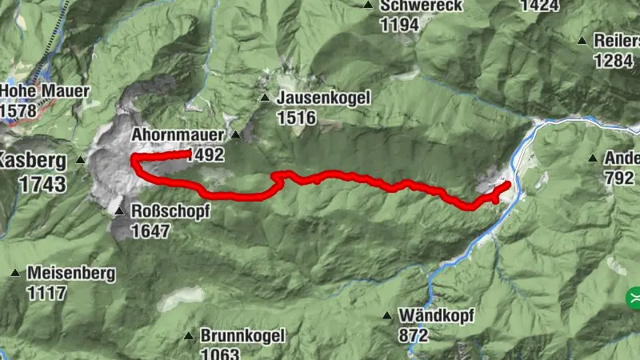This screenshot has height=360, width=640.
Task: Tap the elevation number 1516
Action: pos(296,118)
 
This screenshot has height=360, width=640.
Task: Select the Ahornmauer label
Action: pos(175,134)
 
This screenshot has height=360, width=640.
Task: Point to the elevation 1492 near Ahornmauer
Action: pos(204,155)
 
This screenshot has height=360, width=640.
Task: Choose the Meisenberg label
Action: pos(70,273)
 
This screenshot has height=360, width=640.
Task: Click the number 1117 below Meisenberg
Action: pos(46,293)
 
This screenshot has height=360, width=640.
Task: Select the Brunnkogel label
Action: pos(242,336)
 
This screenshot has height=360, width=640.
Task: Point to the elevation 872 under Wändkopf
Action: pos(413,336)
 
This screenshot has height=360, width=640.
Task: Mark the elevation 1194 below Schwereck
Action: pos(400,25)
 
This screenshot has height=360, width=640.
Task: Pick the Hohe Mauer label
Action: pos(45,90)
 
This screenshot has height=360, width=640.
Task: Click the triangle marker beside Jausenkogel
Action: pos(265,98)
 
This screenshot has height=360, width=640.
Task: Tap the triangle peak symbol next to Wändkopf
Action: pos(387,315)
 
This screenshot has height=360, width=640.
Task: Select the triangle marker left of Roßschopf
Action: pos(119,212)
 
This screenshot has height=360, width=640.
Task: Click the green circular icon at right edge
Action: pos(634,298)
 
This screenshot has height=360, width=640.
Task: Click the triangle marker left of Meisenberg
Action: pos(14,273)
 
